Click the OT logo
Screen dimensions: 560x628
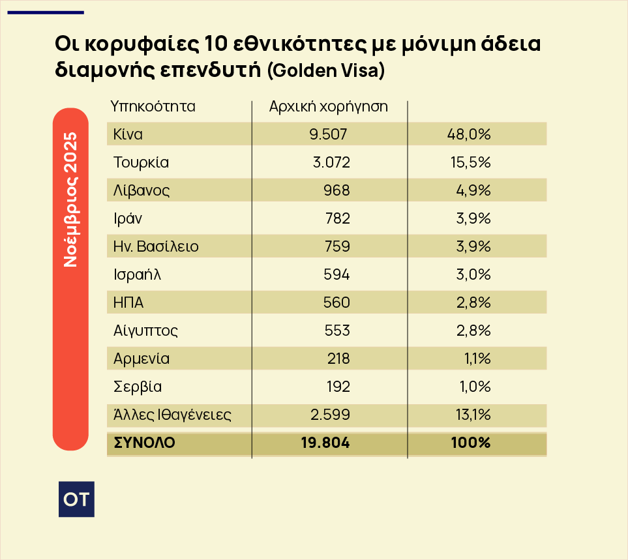pos(76,499)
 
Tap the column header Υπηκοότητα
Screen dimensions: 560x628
pos(153,106)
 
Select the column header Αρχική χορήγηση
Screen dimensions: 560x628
pos(329,106)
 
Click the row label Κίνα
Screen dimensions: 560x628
pos(128,134)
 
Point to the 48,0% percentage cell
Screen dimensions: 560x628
pos(469,134)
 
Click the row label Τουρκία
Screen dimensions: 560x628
pos(141,162)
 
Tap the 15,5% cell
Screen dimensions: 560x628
pos(469,162)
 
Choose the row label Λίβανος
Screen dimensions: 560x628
pos(142,190)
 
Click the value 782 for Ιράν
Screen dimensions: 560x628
pos(337,218)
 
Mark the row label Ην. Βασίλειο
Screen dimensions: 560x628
pos(156,246)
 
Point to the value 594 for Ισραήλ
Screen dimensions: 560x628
pos(336,274)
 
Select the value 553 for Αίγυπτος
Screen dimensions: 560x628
pos(337,331)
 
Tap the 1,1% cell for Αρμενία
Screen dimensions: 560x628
pos(474,359)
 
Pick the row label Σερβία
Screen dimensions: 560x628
pos(137,387)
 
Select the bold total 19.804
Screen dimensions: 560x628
pos(325,443)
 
